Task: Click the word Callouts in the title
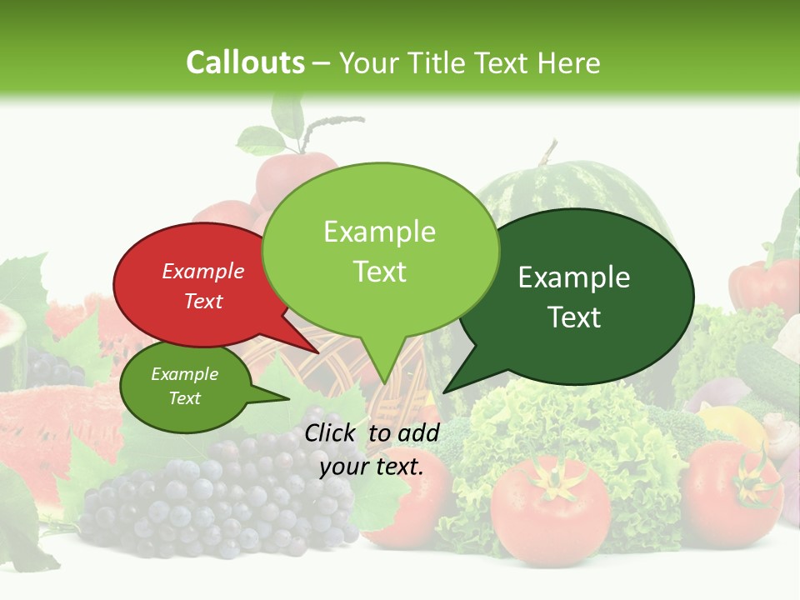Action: [245, 62]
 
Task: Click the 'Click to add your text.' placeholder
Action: [372, 449]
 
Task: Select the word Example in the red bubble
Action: [202, 272]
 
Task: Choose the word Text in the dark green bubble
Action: [575, 317]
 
